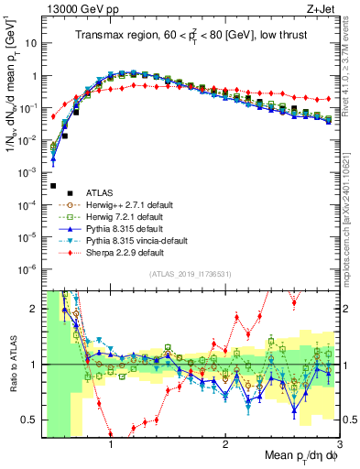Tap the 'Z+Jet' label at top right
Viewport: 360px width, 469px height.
pos(322,8)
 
